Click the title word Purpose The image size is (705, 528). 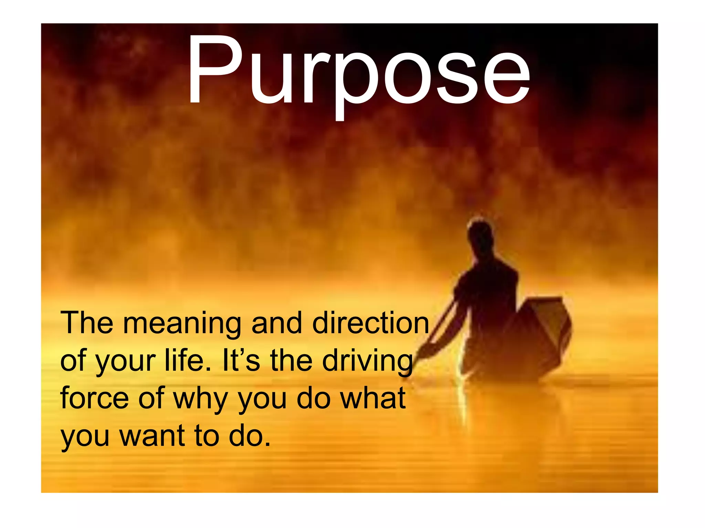tap(358, 70)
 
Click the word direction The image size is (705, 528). tap(370, 323)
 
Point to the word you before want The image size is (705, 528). tap(85, 437)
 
